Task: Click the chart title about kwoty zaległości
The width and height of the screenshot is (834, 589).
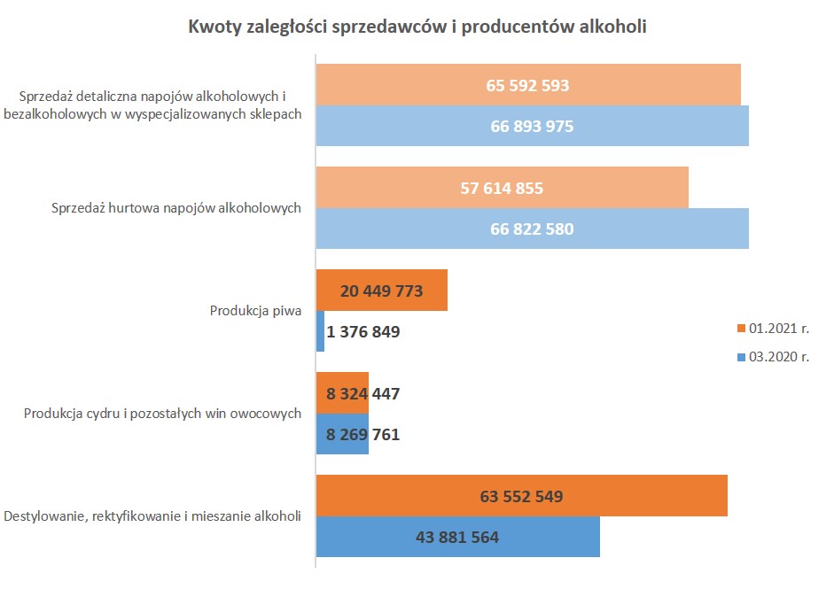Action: [x=417, y=27]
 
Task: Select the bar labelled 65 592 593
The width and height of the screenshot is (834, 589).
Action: [x=528, y=86]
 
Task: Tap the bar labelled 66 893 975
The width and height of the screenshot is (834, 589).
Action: [x=532, y=126]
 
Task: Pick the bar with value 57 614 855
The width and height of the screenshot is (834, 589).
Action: [x=502, y=188]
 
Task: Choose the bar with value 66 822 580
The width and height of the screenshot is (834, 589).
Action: [x=532, y=229]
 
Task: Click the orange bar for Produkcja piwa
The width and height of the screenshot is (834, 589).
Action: [x=381, y=291]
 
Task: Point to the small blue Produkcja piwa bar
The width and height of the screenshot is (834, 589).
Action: [x=321, y=331]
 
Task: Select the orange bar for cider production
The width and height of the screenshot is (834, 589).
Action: [x=342, y=393]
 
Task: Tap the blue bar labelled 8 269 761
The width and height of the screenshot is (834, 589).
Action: [x=342, y=434]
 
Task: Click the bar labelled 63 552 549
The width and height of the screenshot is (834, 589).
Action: [x=521, y=496]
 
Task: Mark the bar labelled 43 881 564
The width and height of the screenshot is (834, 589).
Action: [x=457, y=537]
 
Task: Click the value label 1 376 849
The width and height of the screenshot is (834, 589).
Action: [x=364, y=332]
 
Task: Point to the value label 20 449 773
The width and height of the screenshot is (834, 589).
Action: [x=381, y=291]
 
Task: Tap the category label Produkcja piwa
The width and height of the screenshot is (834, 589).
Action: [x=256, y=311]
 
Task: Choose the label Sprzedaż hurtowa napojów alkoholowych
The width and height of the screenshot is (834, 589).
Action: [x=175, y=208]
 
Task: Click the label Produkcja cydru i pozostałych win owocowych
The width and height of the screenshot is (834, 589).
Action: [x=163, y=414]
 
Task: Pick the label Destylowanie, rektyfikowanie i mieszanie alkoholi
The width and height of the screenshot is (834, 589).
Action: [x=152, y=516]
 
